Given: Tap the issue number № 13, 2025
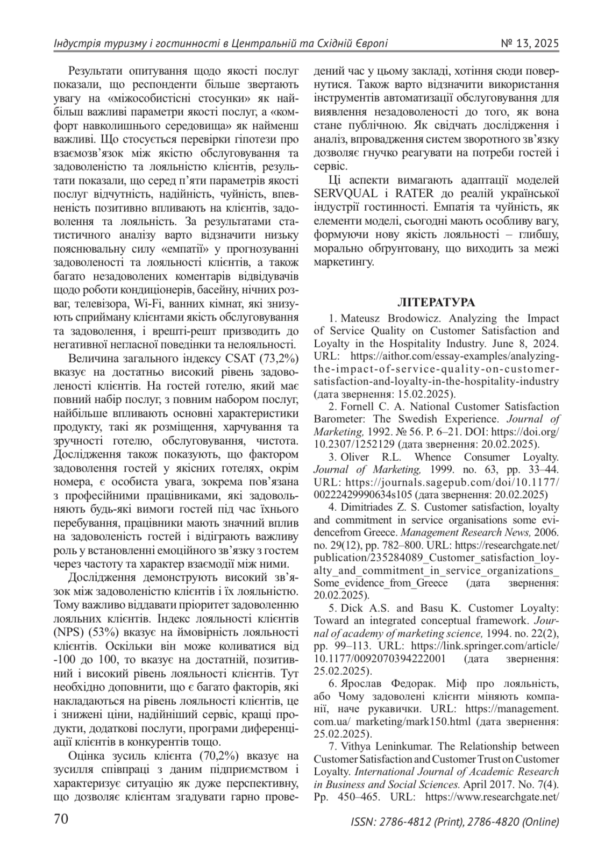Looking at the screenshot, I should coord(530,44).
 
